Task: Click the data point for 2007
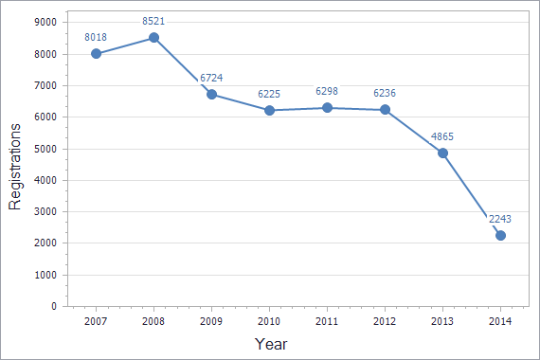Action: pos(96,53)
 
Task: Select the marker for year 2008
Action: pos(153,38)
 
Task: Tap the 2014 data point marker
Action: pos(500,236)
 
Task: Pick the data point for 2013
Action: pos(442,153)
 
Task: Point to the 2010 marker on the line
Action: pos(269,110)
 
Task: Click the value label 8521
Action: pos(153,20)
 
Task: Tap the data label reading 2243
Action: pos(500,219)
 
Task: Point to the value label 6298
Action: pos(327,91)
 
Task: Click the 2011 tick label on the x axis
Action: pos(327,323)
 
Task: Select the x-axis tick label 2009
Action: pos(211,323)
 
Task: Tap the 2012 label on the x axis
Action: pos(385,323)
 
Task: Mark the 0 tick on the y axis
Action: pos(54,307)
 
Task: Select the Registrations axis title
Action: pos(15,163)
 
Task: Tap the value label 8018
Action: pos(96,36)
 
